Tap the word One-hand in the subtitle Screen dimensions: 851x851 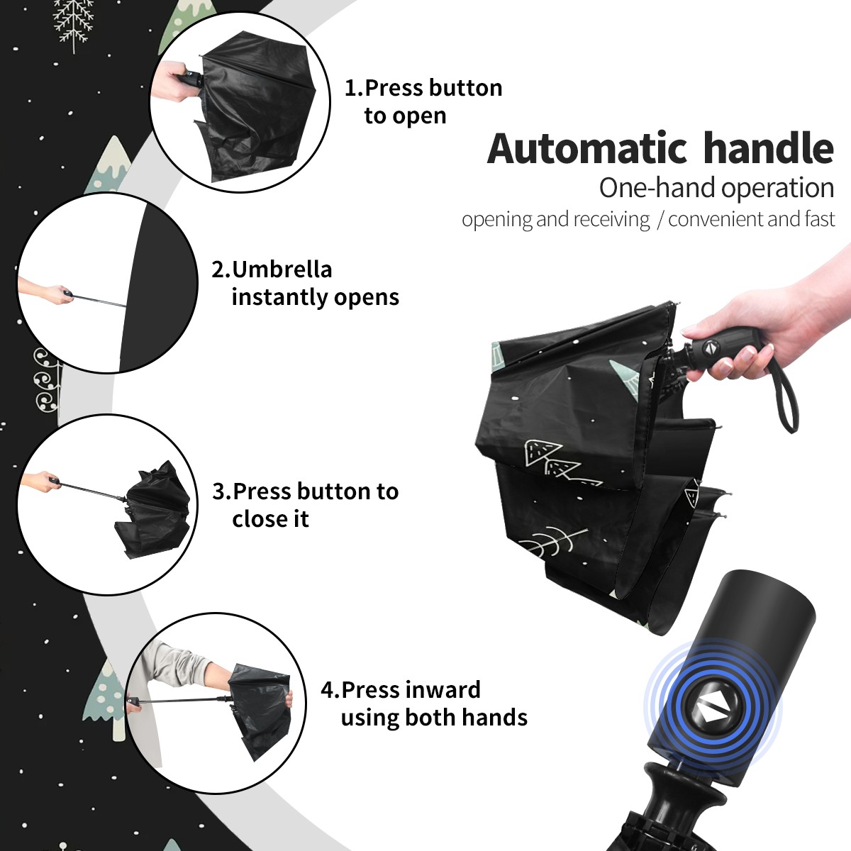coord(658,188)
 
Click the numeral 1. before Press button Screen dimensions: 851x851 coord(353,89)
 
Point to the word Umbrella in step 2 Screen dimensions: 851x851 coord(282,269)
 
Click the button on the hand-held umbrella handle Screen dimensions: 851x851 coord(710,348)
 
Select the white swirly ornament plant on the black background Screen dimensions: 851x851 coord(46,380)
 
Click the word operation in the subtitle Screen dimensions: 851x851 coord(778,189)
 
